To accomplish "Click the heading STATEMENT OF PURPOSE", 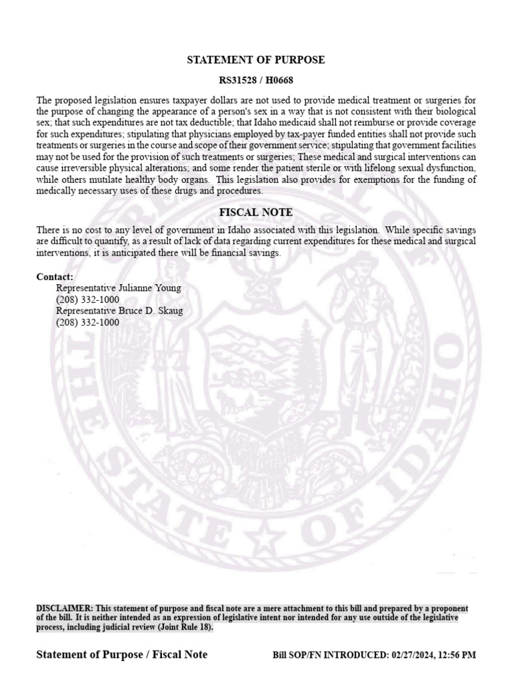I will (x=256, y=60).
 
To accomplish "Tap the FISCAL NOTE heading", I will (x=256, y=213).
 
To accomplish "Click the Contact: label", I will (x=55, y=277).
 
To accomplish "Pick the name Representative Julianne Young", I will (x=119, y=288).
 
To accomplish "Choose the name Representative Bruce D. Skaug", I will (x=119, y=311).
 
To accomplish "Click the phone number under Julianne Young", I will (x=87, y=299).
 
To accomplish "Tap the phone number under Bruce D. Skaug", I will (x=87, y=322).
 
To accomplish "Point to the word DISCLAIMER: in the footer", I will (x=65, y=608).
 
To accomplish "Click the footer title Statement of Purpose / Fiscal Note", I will (x=121, y=654).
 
